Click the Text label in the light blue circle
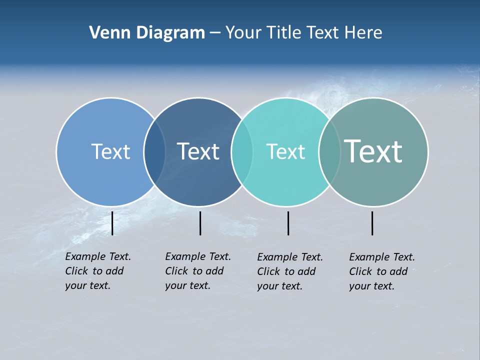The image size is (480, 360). [x=110, y=151]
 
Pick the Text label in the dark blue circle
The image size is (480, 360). [x=198, y=151]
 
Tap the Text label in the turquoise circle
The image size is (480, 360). [x=285, y=151]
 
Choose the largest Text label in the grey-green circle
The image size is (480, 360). [x=373, y=151]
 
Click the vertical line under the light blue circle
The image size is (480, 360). [x=112, y=223]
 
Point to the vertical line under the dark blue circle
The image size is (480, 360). [x=200, y=223]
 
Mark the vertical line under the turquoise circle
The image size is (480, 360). [x=288, y=223]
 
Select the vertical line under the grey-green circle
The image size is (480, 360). [x=372, y=223]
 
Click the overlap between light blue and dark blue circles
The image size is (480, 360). [x=154, y=152]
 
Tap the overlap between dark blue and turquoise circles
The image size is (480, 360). [x=242, y=152]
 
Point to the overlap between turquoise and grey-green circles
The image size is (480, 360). [x=329, y=152]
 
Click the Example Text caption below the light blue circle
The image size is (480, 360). [x=98, y=271]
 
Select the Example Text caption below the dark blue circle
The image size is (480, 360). [x=198, y=271]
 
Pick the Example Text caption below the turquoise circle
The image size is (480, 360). [x=290, y=271]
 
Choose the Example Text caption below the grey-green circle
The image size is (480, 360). [x=382, y=271]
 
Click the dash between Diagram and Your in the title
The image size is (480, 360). [x=215, y=33]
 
